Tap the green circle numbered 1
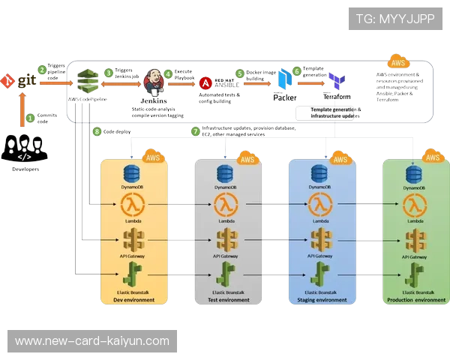(x=30, y=117)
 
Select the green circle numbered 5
(x=240, y=73)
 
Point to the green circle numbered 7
(x=196, y=131)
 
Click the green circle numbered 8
(x=96, y=131)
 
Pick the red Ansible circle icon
(x=205, y=83)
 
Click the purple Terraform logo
(x=335, y=81)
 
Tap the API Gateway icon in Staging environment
(x=320, y=240)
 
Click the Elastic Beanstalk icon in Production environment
(x=413, y=274)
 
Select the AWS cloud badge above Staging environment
(x=340, y=158)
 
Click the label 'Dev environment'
(x=133, y=300)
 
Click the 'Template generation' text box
(x=331, y=113)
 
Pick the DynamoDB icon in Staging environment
(x=320, y=173)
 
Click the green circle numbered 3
(x=109, y=73)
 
